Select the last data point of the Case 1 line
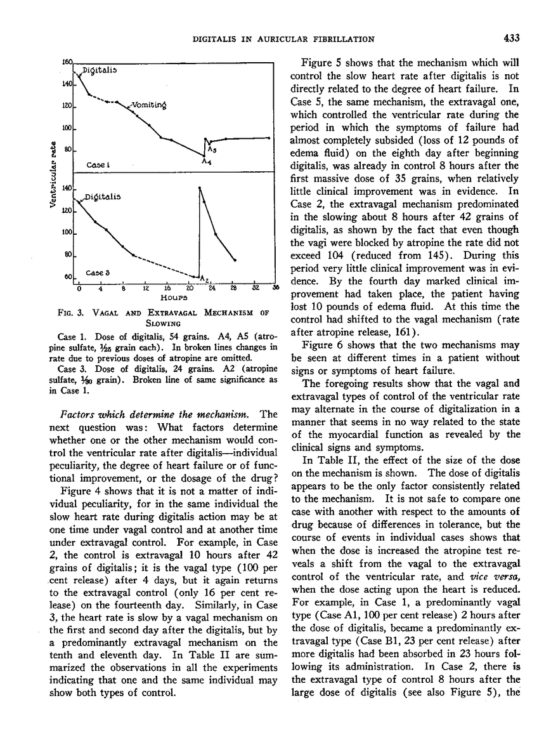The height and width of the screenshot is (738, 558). coord(269,137)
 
